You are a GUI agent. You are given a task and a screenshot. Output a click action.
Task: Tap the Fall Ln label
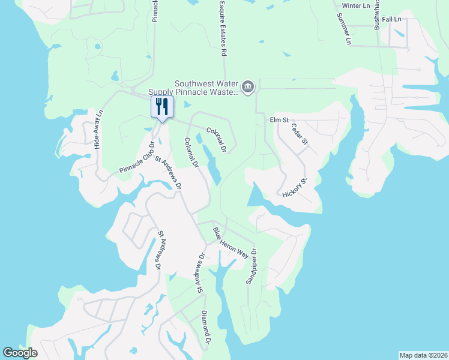point(391,20)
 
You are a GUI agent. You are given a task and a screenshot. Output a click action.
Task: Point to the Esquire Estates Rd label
point(223,28)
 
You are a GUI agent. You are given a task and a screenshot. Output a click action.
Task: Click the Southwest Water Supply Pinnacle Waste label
point(206,88)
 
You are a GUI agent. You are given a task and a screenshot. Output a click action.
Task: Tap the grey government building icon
point(248,88)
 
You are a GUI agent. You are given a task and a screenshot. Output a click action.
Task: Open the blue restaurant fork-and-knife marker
point(161,107)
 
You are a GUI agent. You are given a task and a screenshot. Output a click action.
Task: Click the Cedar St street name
point(299,134)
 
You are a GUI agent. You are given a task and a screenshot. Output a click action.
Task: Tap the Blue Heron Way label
point(231,243)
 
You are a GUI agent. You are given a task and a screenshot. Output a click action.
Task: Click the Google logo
point(20,353)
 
